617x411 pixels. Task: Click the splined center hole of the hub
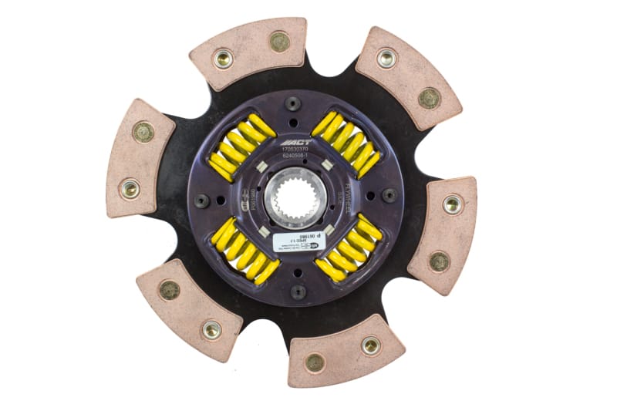(295, 197)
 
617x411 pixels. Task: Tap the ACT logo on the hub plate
(299, 143)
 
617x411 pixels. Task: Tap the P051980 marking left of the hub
(245, 197)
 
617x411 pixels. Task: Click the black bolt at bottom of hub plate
(298, 292)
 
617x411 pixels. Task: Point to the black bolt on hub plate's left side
(202, 200)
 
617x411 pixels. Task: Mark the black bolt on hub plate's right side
(390, 195)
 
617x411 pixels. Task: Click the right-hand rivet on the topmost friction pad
(279, 41)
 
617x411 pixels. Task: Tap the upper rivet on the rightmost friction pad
(453, 204)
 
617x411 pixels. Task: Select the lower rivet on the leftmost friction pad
(130, 188)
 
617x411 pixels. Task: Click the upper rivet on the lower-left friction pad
(169, 290)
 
